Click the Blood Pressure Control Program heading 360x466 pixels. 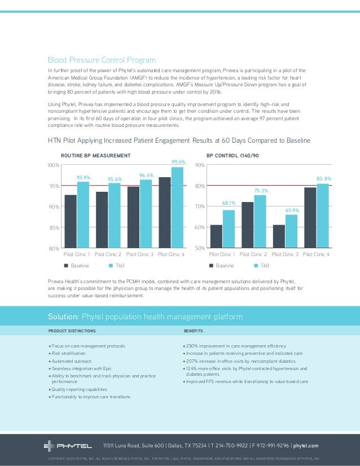click(x=102, y=60)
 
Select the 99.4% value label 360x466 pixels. click(x=178, y=162)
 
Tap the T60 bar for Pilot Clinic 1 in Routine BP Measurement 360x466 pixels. click(x=83, y=214)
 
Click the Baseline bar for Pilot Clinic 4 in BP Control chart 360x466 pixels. click(x=310, y=217)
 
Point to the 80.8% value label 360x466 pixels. click(x=323, y=179)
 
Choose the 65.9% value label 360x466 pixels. click(x=292, y=210)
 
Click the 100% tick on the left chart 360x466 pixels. click(x=54, y=165)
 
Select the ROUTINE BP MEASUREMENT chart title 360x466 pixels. click(x=95, y=154)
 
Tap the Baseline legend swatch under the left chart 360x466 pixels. click(x=65, y=265)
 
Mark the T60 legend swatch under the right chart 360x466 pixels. click(x=256, y=265)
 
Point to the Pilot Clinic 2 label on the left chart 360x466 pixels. click(x=108, y=254)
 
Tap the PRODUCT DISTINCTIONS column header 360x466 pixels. click(x=71, y=331)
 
